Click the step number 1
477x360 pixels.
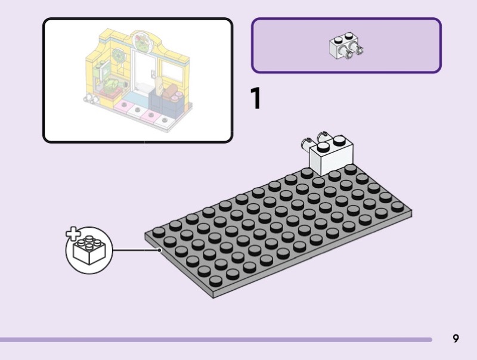256,99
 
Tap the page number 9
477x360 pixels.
456,339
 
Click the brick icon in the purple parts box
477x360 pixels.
346,47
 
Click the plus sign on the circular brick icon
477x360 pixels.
72,234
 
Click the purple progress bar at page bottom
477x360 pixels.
215,340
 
